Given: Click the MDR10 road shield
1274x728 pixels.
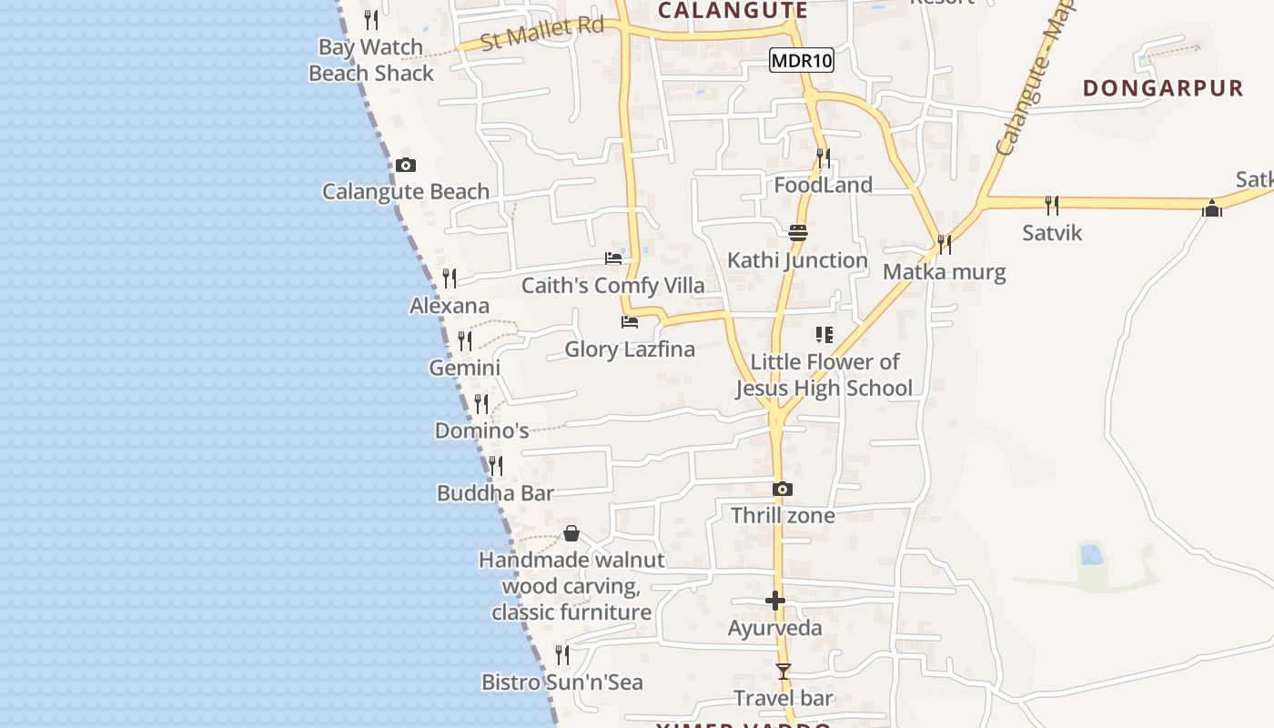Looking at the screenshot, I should point(802,61).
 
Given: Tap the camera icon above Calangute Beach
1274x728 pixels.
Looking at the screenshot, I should point(406,165).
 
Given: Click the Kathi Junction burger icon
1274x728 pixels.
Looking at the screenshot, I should point(798,233).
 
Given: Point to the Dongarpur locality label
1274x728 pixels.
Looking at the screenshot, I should point(1163,88).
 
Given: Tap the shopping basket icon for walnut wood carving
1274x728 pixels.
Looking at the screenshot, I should point(571,533).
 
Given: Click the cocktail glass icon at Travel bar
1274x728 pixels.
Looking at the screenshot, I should point(783,672).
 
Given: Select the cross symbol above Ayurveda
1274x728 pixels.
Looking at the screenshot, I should point(775,601).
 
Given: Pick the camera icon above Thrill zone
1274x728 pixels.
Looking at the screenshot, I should point(782,490).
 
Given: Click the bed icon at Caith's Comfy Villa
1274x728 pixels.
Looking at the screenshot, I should point(613,258).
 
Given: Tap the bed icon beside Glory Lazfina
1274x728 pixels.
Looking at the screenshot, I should point(629,322).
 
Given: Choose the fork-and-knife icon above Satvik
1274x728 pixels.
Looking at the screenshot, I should point(1052,205).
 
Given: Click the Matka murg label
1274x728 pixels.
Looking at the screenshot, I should point(945,272).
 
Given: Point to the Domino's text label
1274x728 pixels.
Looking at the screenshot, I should point(481,430).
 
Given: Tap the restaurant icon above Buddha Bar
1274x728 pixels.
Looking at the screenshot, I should point(495,466).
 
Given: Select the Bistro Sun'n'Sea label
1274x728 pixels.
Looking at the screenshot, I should point(562,682).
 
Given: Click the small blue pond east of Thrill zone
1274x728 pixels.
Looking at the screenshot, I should point(1089,553).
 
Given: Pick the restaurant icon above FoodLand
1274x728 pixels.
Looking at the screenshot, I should point(823,158).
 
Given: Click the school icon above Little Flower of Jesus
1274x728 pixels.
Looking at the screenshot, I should point(824,335).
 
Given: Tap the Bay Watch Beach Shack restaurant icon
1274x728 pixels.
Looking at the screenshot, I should point(370,19).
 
